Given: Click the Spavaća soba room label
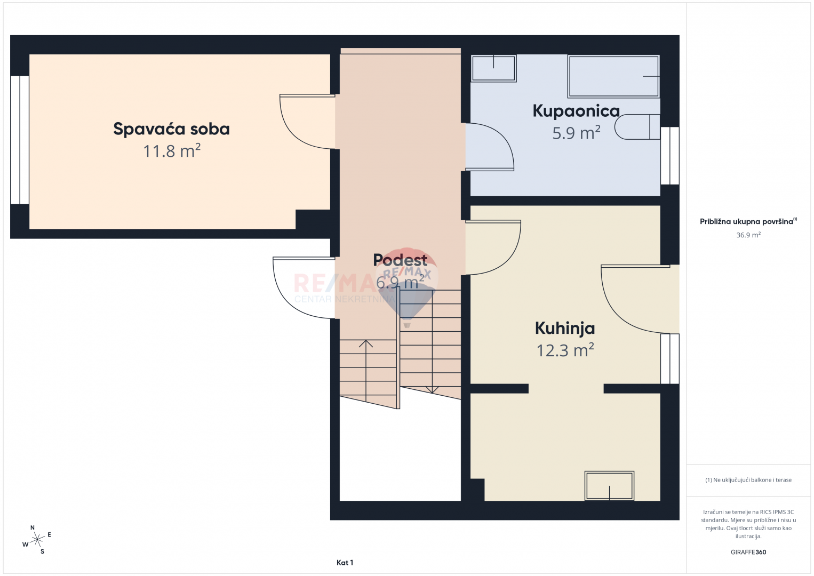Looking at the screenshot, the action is pyautogui.click(x=171, y=129).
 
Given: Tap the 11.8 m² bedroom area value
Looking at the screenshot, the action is pyautogui.click(x=172, y=151).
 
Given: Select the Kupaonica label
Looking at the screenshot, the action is pyautogui.click(x=576, y=111).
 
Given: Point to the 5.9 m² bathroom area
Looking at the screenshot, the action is pyautogui.click(x=576, y=133).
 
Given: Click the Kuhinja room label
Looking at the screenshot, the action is pyautogui.click(x=565, y=329).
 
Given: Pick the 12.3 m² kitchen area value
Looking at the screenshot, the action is pyautogui.click(x=565, y=350).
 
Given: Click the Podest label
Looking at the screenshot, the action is pyautogui.click(x=400, y=260).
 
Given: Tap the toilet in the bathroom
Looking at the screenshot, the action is pyautogui.click(x=637, y=127).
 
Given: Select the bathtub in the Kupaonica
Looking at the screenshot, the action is pyautogui.click(x=613, y=76).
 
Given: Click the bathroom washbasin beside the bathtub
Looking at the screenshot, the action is pyautogui.click(x=493, y=68).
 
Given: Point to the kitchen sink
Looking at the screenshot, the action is pyautogui.click(x=609, y=486).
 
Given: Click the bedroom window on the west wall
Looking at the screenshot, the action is pyautogui.click(x=20, y=140).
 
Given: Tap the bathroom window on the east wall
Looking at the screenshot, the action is pyautogui.click(x=670, y=156).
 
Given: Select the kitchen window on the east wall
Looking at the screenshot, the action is pyautogui.click(x=670, y=359).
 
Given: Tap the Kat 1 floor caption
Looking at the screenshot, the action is pyautogui.click(x=345, y=563).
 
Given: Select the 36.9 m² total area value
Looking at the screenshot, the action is pyautogui.click(x=748, y=235).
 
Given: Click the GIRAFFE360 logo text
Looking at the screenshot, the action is pyautogui.click(x=748, y=552).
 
